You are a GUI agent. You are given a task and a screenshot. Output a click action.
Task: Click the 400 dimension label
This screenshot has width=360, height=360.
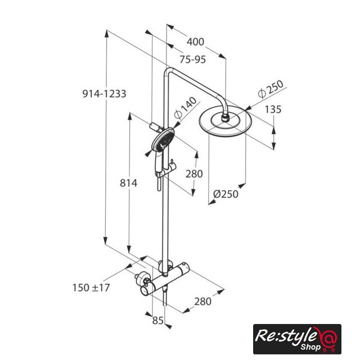point(195,42)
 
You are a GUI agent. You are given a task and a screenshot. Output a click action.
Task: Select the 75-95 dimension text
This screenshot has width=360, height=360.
point(192,60)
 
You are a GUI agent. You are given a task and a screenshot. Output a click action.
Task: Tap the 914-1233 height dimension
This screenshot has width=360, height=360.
point(104,94)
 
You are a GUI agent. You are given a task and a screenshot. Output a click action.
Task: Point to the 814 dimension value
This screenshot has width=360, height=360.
point(129,183)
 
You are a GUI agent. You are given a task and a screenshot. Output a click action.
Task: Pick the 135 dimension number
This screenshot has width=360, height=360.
point(273,110)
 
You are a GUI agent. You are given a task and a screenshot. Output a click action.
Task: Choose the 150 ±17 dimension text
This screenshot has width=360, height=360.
point(91,287)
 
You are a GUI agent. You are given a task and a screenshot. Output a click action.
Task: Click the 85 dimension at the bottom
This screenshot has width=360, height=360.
point(158,321)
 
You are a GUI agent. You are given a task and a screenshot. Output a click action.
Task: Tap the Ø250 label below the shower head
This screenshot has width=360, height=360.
point(226,194)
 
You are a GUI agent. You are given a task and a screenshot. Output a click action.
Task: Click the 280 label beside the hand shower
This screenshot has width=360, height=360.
point(194,174)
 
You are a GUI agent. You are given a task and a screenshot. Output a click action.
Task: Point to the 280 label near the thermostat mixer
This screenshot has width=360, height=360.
point(202,301)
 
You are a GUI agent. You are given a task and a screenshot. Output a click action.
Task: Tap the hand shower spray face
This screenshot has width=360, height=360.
point(163,139)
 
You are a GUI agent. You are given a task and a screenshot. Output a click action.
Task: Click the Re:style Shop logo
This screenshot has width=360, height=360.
point(297,339)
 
